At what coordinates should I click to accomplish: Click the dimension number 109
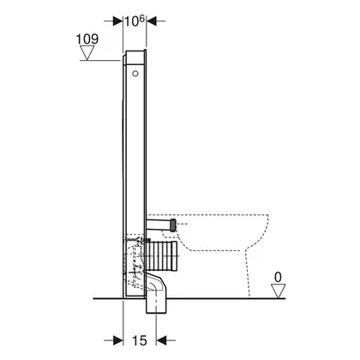pyautogui.click(x=87, y=39)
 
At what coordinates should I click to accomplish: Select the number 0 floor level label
pyautogui.click(x=278, y=277)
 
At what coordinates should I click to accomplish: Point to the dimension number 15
pyautogui.click(x=140, y=340)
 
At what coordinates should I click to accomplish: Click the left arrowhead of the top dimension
pyautogui.click(x=118, y=21)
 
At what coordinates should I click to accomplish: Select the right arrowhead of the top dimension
pyautogui.click(x=151, y=21)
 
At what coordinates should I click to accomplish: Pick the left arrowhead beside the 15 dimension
pyautogui.click(x=118, y=340)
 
